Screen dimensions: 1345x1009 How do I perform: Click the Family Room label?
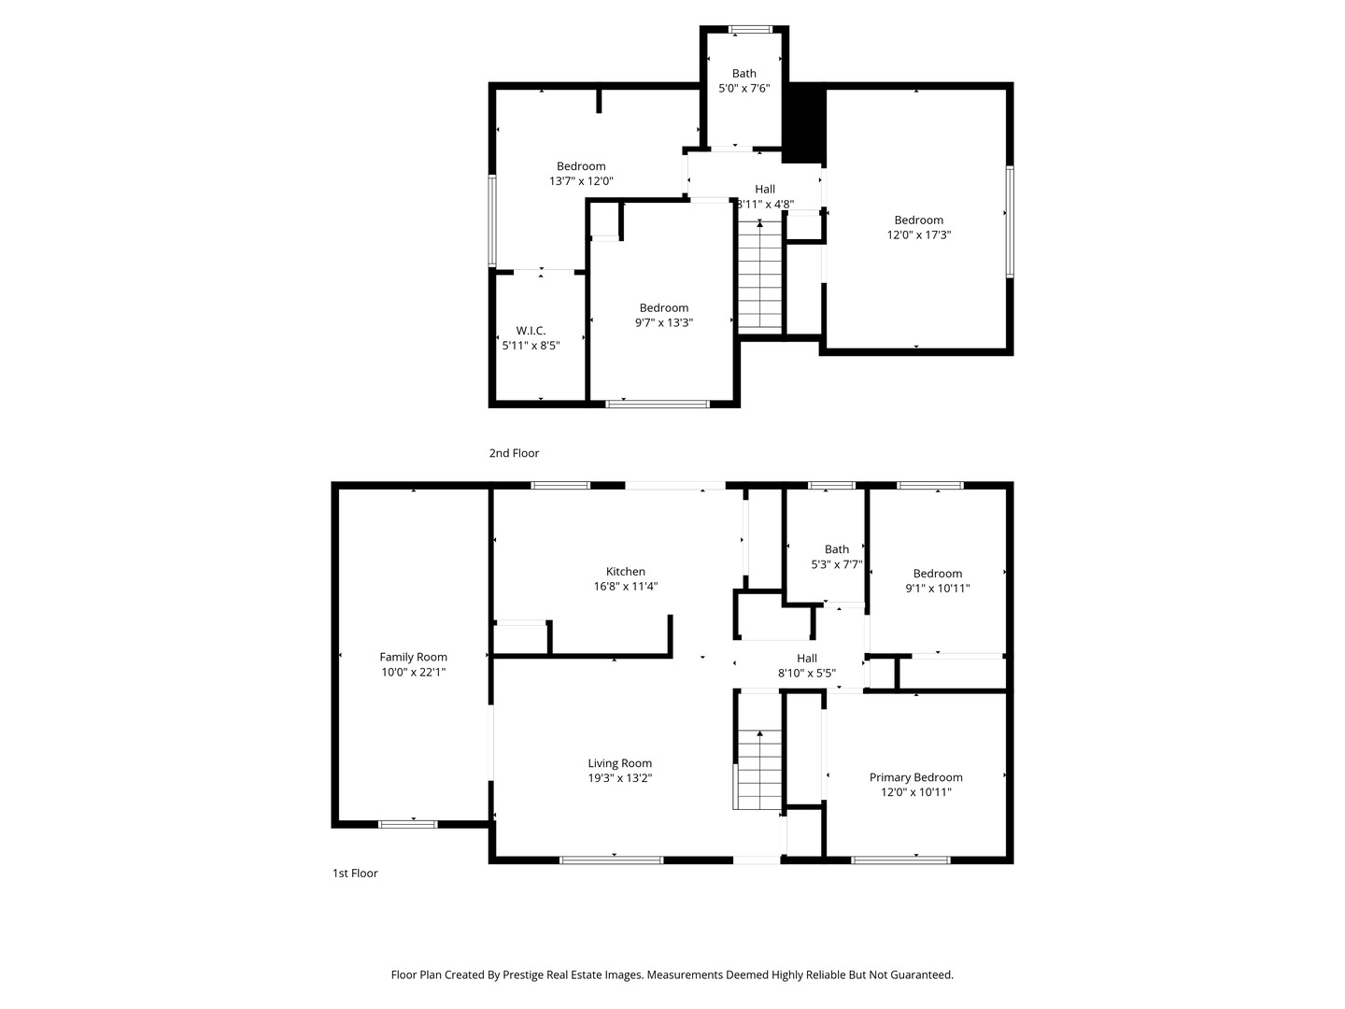413,657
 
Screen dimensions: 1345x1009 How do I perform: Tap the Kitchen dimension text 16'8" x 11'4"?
626,587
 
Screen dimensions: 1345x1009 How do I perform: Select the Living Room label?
619,763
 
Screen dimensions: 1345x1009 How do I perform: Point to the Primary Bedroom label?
915,777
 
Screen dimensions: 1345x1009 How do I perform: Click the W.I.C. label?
531,331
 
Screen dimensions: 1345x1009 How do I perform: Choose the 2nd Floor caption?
514,453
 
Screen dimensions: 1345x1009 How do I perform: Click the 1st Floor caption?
355,874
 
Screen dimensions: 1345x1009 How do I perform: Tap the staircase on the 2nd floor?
759,275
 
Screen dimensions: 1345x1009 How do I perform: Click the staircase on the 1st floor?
758,769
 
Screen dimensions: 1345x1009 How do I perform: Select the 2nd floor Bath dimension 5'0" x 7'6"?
743,88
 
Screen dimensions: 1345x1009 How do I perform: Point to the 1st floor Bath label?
836,549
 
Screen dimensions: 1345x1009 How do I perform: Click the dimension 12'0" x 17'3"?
918,234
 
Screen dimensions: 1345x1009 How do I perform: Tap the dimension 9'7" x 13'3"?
663,323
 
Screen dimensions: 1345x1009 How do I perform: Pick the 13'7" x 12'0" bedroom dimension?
581,181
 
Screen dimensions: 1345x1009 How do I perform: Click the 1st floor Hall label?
806,659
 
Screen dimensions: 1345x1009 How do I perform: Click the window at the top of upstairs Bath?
750,29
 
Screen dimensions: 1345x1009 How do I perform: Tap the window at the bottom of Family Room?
408,825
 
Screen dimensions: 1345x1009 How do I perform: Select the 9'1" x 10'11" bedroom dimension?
938,589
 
